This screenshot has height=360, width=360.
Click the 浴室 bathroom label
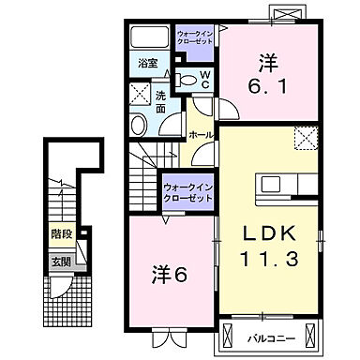pyautogui.click(x=148, y=64)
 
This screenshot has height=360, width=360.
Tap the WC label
pyautogui.click(x=204, y=80)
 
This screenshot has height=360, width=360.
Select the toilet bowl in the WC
pyautogui.click(x=186, y=80)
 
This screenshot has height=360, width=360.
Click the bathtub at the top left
pyautogui.click(x=149, y=37)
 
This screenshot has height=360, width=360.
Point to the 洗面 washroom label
pyautogui.click(x=160, y=102)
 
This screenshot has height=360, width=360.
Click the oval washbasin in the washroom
pyautogui.click(x=139, y=125)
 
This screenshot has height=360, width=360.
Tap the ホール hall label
pyautogui.click(x=202, y=135)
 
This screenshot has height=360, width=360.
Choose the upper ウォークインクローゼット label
pyautogui.click(x=195, y=37)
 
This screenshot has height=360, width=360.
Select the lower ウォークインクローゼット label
pyautogui.click(x=188, y=192)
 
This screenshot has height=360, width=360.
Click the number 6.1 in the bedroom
pyautogui.click(x=267, y=86)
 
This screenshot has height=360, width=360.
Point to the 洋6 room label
pyautogui.click(x=169, y=275)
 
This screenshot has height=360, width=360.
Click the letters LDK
pyautogui.click(x=269, y=234)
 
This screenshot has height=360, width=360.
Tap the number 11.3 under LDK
pyautogui.click(x=269, y=259)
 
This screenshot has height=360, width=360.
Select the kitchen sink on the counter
pyautogui.click(x=271, y=185)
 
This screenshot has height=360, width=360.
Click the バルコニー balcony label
pyautogui.click(x=271, y=338)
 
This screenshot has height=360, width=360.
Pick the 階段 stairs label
pyautogui.click(x=62, y=233)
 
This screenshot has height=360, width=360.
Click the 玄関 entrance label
pyautogui.click(x=61, y=262)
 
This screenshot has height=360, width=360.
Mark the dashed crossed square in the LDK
pyautogui.click(x=307, y=138)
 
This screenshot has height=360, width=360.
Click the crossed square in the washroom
pyautogui.click(x=140, y=94)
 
